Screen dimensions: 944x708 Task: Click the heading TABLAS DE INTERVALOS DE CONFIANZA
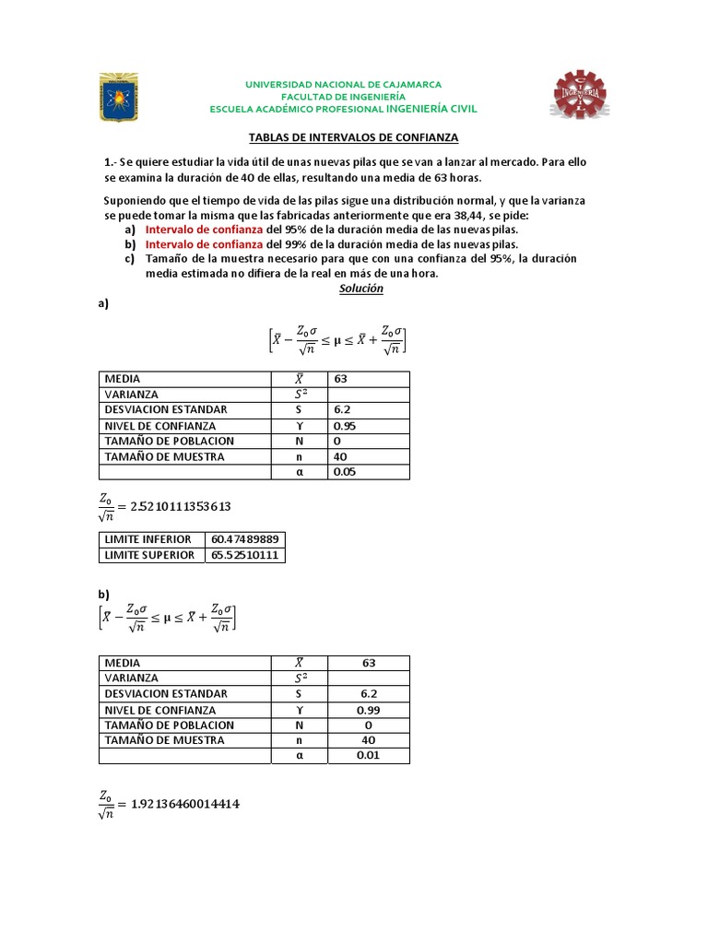point(354,137)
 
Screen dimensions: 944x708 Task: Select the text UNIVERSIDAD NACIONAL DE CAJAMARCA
point(343,84)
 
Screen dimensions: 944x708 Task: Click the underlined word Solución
point(360,289)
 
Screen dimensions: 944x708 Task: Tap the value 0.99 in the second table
point(368,710)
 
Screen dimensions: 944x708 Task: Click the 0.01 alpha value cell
point(368,756)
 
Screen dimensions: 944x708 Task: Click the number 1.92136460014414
point(184,804)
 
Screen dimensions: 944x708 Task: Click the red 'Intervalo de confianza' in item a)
point(205,229)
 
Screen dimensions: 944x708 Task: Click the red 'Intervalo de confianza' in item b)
point(205,244)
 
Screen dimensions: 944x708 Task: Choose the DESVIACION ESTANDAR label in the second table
point(166,693)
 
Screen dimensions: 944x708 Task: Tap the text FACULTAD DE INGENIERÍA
point(343,96)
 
